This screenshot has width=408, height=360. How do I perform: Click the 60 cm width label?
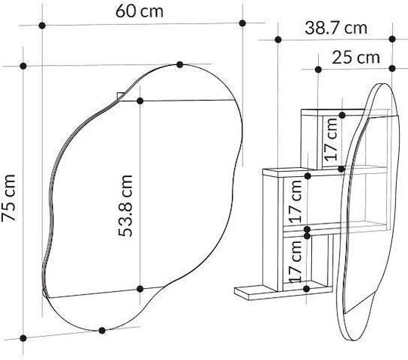coord(140,11)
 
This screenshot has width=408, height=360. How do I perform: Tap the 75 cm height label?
coord(8,198)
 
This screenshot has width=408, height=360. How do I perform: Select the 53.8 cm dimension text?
coord(125,206)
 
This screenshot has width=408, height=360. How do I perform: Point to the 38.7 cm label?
coord(336,28)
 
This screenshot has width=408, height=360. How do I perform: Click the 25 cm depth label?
coord(356,57)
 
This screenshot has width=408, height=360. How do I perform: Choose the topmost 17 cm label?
coord(331,139)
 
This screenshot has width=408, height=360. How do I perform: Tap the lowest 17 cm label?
coord(295,261)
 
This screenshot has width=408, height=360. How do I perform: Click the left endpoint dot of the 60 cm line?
coord(42,26)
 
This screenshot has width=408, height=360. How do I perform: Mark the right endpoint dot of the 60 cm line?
coord(243,23)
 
